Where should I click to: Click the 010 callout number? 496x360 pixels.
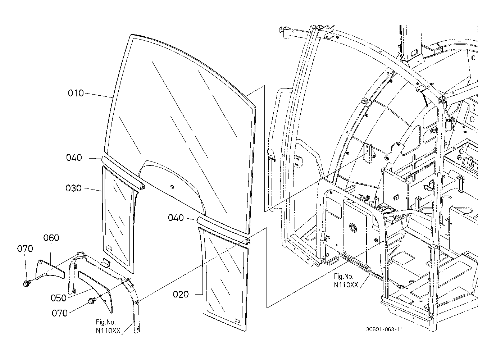(x=76, y=93)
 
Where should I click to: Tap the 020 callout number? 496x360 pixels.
(x=181, y=295)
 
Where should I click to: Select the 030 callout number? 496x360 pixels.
(x=73, y=188)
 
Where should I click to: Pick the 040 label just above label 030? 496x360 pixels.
(x=74, y=158)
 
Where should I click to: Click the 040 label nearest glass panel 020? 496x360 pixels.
(x=176, y=218)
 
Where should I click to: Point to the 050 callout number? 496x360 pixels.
(x=58, y=298)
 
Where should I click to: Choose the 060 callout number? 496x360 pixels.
(x=51, y=238)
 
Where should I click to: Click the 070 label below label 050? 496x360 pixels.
(x=60, y=313)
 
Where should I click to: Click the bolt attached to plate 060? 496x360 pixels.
(x=27, y=284)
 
